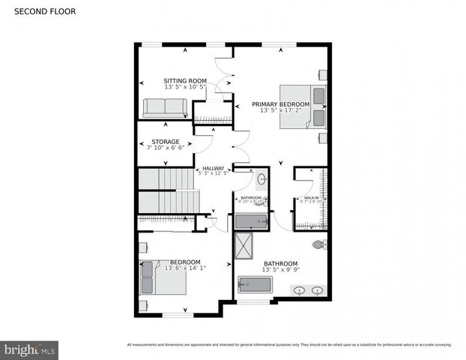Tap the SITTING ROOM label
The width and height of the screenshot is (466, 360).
coord(185,80)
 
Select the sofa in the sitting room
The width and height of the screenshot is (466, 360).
coord(166,107)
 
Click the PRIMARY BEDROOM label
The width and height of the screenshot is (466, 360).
coord(280,104)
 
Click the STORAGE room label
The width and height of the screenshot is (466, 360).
coord(166,141)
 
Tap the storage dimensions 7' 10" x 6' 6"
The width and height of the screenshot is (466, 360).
coord(166,148)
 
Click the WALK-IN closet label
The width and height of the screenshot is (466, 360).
coord(311,198)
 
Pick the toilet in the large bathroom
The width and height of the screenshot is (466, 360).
coord(318,244)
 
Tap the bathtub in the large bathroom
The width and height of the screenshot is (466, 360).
coord(255,284)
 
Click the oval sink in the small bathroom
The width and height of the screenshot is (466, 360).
coord(261,179)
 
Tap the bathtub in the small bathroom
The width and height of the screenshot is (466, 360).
coord(251,220)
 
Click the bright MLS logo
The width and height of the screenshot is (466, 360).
coord(30,349)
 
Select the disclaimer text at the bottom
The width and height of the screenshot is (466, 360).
coord(288,344)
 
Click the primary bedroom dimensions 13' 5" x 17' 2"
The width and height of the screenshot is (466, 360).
coord(280,111)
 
